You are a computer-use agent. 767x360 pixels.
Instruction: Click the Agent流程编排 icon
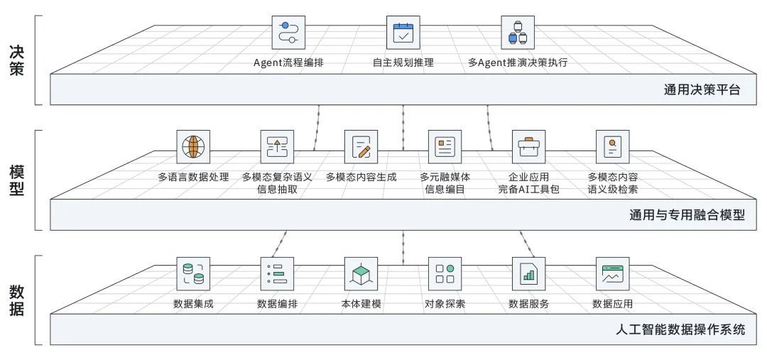288,33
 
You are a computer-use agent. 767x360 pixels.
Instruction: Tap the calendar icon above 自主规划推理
403,33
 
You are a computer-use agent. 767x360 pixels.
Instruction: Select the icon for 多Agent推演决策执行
518,33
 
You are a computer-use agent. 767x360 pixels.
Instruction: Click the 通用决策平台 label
702,90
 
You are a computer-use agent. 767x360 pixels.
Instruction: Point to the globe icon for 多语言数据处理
193,147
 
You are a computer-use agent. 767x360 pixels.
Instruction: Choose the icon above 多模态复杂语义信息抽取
277,147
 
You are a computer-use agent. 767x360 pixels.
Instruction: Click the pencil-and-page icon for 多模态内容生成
361,147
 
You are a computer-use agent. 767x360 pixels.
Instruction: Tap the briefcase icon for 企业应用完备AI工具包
528,147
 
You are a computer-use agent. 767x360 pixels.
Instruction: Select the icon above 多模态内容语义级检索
612,147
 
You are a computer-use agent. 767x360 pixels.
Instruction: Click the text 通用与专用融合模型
687,214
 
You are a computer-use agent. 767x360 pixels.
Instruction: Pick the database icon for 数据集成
193,273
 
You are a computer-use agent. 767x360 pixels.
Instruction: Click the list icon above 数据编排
277,273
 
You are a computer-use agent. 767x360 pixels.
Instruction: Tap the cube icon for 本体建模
361,273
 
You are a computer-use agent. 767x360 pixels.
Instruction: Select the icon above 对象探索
445,273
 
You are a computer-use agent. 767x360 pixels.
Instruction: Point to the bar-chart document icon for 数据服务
528,273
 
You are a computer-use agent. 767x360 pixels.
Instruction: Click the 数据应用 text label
612,305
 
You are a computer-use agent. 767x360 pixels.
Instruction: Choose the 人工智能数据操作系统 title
680,329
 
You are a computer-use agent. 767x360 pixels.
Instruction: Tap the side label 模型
17,181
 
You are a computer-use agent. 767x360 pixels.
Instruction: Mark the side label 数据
17,301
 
